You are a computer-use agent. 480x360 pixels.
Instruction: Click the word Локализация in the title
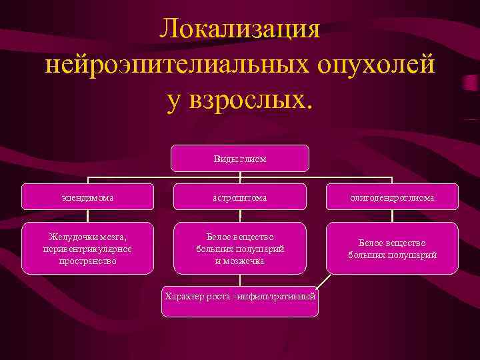tap(239, 30)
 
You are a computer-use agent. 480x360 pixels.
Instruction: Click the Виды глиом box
tap(240, 159)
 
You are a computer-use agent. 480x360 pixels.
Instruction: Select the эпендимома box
tap(88, 197)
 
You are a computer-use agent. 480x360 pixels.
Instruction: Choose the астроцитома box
tap(240, 197)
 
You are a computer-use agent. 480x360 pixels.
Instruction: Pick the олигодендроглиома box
tap(392, 197)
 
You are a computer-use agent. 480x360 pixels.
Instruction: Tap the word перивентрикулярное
tap(88, 249)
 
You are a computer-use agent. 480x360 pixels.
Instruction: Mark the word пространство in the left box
tap(88, 261)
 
